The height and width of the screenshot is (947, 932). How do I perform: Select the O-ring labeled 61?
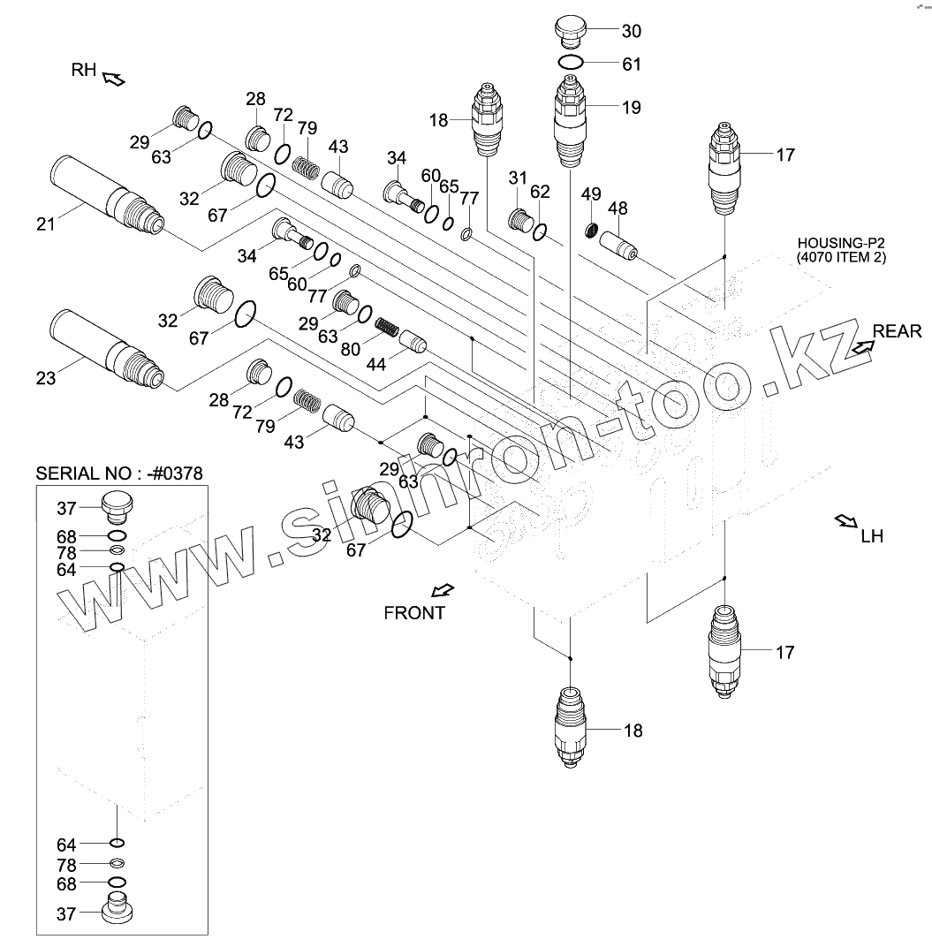[571, 63]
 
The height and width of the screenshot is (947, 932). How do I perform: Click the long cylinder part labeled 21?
[106, 196]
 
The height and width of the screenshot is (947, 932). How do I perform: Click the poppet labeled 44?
[413, 340]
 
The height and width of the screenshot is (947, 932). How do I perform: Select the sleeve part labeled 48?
[618, 243]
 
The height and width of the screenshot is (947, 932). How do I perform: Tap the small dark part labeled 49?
[594, 231]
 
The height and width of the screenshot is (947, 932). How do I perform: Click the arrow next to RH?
[114, 80]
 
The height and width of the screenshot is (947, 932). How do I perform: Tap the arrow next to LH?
[845, 521]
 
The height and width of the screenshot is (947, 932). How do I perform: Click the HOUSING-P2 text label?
[840, 250]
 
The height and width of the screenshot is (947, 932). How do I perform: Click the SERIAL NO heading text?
[119, 473]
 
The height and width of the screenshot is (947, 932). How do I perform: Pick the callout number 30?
[631, 31]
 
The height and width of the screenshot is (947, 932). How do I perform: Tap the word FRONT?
[414, 612]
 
